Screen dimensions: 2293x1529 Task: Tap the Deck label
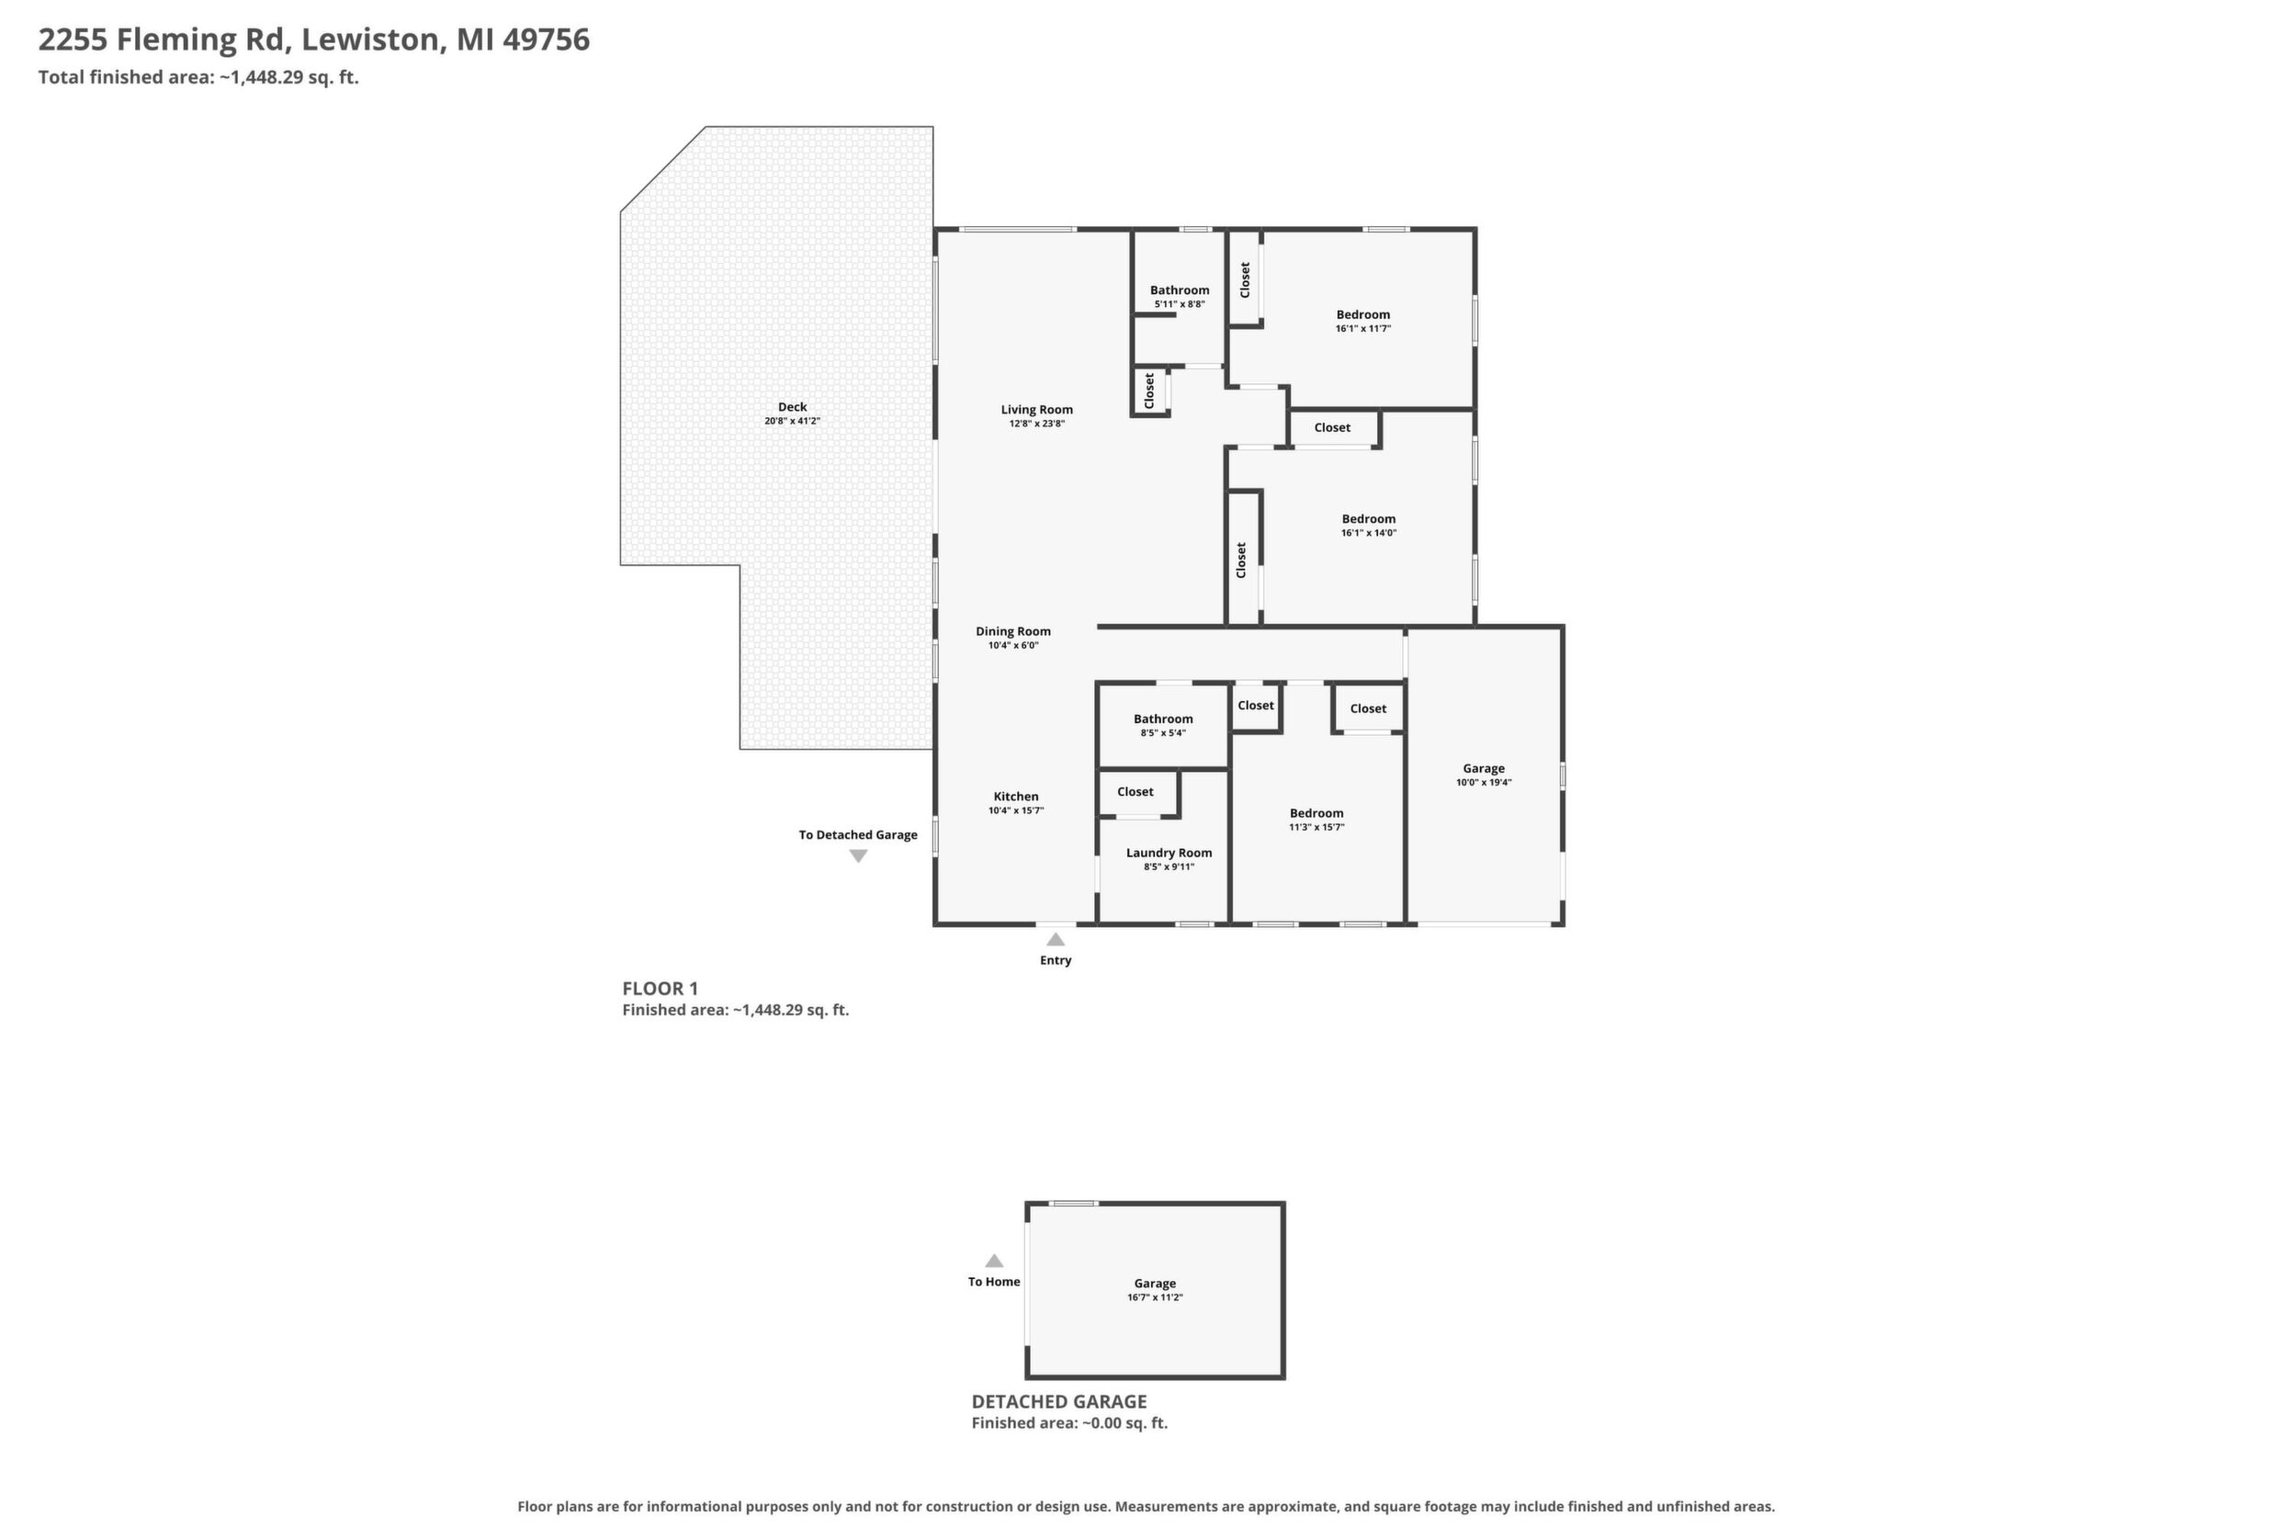coord(793,408)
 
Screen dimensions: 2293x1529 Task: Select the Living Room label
coord(1036,411)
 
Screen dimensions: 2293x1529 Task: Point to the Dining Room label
coord(1013,632)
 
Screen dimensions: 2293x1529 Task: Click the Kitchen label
coord(1016,797)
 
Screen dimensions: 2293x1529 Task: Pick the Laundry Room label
coord(1169,854)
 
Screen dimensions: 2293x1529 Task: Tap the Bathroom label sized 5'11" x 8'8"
coord(1180,290)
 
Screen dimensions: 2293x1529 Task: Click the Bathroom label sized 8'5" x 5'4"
coord(1163,719)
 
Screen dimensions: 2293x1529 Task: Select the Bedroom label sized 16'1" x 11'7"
coord(1363,315)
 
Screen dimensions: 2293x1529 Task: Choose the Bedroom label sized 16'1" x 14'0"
coord(1369,520)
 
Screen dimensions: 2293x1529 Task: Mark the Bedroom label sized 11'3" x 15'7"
coord(1316,813)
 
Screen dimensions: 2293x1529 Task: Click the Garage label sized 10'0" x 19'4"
coord(1484,768)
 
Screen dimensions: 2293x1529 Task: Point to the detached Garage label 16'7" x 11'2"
coord(1156,1284)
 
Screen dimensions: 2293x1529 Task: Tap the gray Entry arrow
coord(1056,939)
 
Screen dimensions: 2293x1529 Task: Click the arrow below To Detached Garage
coord(858,856)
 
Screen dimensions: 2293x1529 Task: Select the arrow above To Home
coord(993,1260)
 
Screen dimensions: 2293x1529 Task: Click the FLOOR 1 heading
coord(660,988)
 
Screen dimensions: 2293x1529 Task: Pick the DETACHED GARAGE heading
coord(1058,1401)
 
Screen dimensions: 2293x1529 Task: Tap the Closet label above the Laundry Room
coord(1135,792)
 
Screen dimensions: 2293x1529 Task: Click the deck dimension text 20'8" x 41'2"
coord(793,421)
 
